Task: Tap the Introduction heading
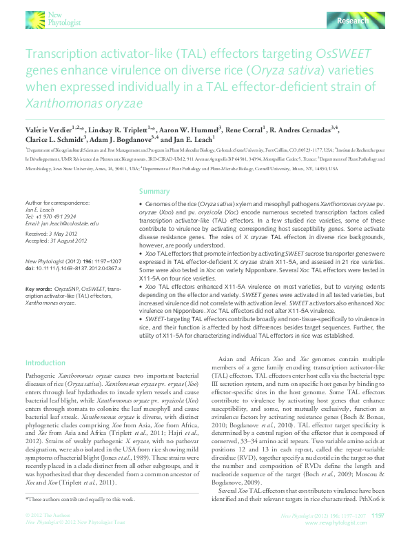click(x=45, y=363)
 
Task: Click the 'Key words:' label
click(x=39, y=288)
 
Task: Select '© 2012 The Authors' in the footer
click(x=46, y=516)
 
